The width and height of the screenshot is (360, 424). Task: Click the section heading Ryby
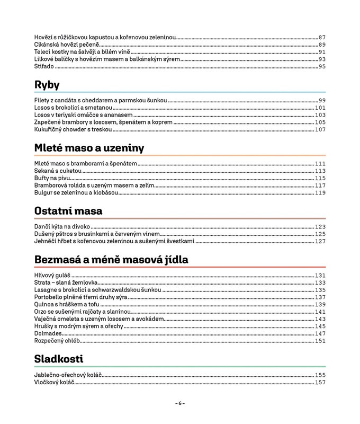click(x=47, y=85)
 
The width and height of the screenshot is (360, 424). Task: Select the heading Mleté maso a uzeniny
click(x=89, y=148)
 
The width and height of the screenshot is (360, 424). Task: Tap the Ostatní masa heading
click(x=68, y=211)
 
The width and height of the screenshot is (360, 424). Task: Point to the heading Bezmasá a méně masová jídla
click(x=111, y=260)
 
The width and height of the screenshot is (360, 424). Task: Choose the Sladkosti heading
click(x=59, y=359)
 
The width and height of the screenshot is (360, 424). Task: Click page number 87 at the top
click(x=322, y=38)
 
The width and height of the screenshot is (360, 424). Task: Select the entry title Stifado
click(x=44, y=67)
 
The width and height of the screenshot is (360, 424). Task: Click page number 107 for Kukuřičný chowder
click(x=320, y=130)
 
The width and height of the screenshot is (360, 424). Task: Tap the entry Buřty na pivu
click(x=52, y=179)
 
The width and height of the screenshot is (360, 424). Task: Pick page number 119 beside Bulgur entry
click(x=320, y=193)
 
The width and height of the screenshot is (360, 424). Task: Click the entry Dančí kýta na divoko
click(x=62, y=227)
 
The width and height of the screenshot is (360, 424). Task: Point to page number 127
click(x=320, y=242)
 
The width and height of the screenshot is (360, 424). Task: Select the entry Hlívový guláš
click(x=52, y=276)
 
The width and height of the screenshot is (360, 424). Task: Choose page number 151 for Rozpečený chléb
click(x=320, y=341)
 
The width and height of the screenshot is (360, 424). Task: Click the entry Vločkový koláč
click(x=54, y=382)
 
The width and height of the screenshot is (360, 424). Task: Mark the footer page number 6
click(x=180, y=403)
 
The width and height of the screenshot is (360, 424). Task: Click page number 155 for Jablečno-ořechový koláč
click(x=320, y=375)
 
